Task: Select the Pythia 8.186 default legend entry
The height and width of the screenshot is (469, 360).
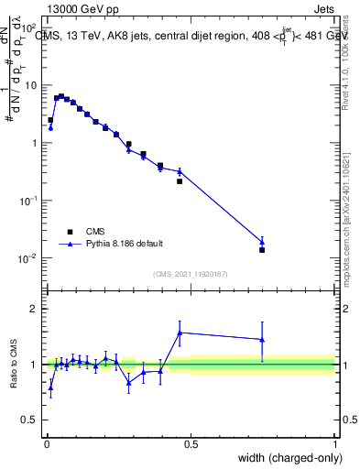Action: [124, 244]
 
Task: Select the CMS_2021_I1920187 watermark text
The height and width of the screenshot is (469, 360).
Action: [191, 274]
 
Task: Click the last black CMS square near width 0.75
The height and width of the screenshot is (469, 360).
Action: [262, 250]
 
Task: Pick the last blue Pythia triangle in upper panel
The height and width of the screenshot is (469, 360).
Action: [262, 242]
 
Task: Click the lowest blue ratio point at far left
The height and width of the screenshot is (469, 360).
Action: [50, 387]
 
